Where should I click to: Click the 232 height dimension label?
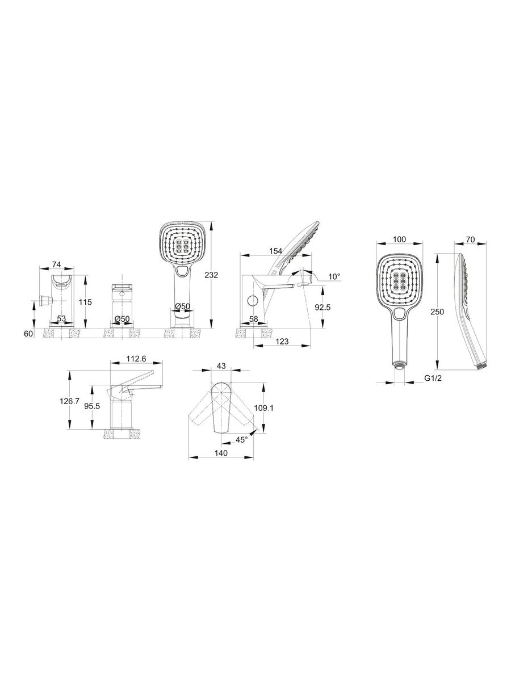coord(211,275)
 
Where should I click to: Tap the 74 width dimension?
coord(56,264)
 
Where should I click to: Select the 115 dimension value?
coord(85,301)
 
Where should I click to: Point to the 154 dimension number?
coord(276,251)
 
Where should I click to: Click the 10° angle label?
coord(334,276)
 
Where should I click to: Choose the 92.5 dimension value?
coord(322,307)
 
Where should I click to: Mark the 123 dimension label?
coord(282,341)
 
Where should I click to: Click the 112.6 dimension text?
coord(136,358)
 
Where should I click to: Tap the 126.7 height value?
coord(69,401)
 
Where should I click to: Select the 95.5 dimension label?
coord(92,406)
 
